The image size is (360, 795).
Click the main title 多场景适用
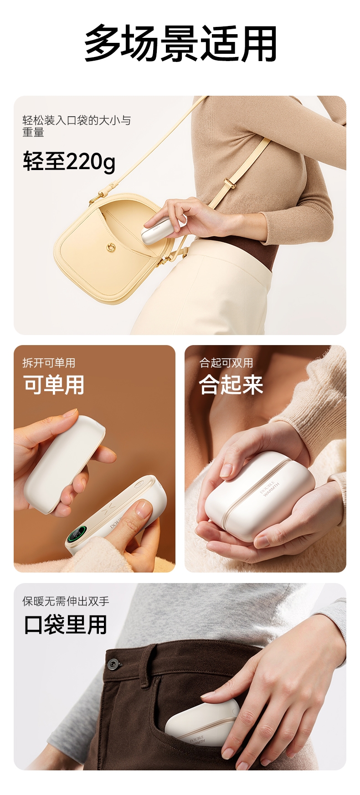click(x=180, y=44)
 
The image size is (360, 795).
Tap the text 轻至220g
click(x=69, y=161)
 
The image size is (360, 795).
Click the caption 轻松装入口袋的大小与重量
click(x=77, y=126)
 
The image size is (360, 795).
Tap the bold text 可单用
click(x=54, y=385)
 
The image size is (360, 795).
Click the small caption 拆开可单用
click(x=49, y=363)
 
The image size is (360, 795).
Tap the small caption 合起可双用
click(x=226, y=363)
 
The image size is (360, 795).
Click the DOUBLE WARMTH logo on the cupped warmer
click(x=270, y=488)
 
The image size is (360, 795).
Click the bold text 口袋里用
click(x=65, y=625)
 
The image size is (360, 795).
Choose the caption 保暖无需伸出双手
click(x=66, y=601)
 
